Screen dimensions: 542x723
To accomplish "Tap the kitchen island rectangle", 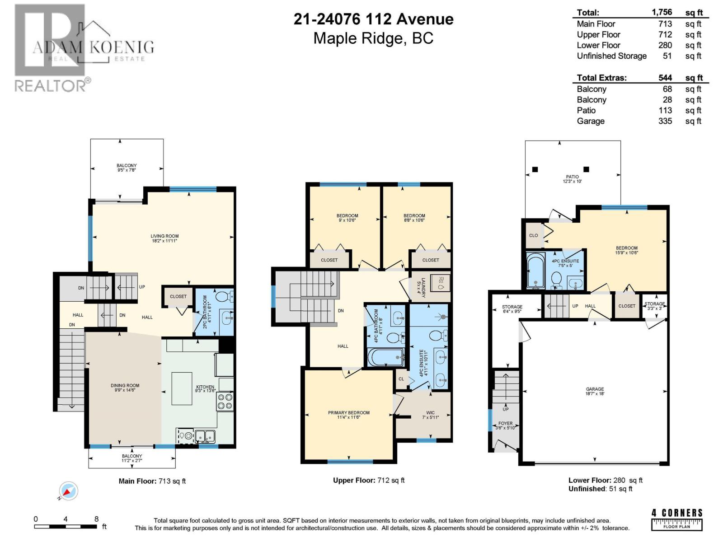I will coord(182,388).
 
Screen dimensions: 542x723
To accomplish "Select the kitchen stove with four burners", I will coord(225,402).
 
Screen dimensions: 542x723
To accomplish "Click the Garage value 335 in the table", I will coord(665,121).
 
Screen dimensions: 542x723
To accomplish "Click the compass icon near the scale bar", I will coord(68,491).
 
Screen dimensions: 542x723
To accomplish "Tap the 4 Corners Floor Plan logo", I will coord(677,519).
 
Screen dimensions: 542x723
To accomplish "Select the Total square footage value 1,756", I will coord(662,13).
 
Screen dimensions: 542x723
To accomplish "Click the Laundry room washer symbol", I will coord(441,283).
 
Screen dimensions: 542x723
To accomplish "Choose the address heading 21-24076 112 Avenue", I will coord(373,19).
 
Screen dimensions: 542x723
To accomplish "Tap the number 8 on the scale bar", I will coord(96,519).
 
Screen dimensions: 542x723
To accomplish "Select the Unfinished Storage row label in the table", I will coord(611,56).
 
